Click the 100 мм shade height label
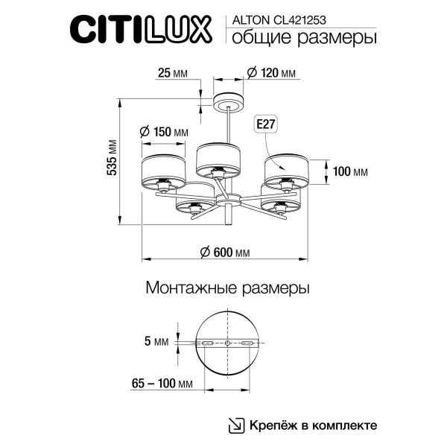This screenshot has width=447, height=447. click(350, 172)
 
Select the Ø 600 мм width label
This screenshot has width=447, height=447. click(225, 253)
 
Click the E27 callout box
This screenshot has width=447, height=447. click(264, 124)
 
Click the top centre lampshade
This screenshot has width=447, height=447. click(221, 156)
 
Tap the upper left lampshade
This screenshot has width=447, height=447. click(164, 171)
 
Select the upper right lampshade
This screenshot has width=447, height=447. click(287, 169)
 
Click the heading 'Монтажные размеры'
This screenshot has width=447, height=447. click(226, 287)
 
